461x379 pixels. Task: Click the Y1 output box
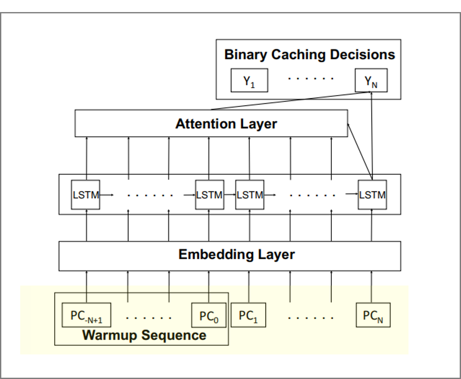click(x=249, y=81)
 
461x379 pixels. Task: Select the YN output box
click(x=371, y=81)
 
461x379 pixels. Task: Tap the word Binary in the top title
click(x=244, y=55)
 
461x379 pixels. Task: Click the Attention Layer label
click(x=226, y=124)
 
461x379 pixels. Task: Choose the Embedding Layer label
click(x=236, y=255)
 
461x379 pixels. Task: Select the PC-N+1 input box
click(x=87, y=316)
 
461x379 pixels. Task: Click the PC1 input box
click(x=249, y=315)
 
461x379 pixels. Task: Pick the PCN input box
click(x=373, y=315)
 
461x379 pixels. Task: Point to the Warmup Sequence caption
click(x=144, y=336)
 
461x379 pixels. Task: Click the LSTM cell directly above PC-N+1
click(x=86, y=195)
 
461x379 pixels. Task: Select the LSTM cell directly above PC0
click(x=209, y=195)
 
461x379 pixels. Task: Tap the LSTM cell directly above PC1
click(x=250, y=195)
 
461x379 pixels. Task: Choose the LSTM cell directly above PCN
click(x=372, y=195)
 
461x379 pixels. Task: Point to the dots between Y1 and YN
click(x=311, y=79)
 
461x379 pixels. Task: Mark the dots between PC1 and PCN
click(x=311, y=318)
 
